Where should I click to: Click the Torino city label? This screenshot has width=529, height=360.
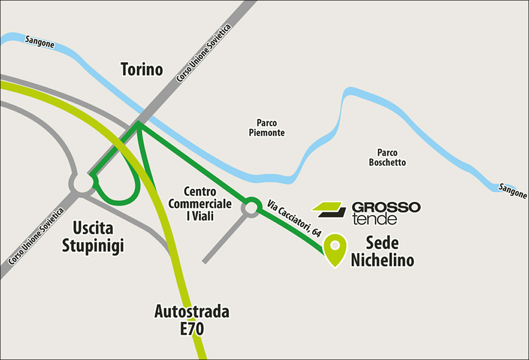pyautogui.click(x=142, y=70)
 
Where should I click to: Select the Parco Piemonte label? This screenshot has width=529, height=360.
pyautogui.click(x=266, y=128)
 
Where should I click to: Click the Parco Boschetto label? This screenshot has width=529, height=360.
pyautogui.click(x=387, y=158)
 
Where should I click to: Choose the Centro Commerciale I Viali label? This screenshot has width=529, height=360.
pyautogui.click(x=200, y=204)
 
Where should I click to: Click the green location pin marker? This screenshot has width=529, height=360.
pyautogui.click(x=335, y=249)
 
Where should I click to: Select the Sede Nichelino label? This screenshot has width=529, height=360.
pyautogui.click(x=382, y=251)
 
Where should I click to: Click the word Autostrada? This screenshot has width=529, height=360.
pyautogui.click(x=192, y=312)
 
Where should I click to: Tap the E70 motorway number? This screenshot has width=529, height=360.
pyautogui.click(x=192, y=329)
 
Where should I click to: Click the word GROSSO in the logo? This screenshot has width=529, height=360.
pyautogui.click(x=386, y=207)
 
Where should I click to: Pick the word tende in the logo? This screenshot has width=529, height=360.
pyautogui.click(x=374, y=219)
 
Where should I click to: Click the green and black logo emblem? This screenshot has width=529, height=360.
pyautogui.click(x=329, y=209)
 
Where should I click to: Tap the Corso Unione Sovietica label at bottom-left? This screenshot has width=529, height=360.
pyautogui.click(x=36, y=237)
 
